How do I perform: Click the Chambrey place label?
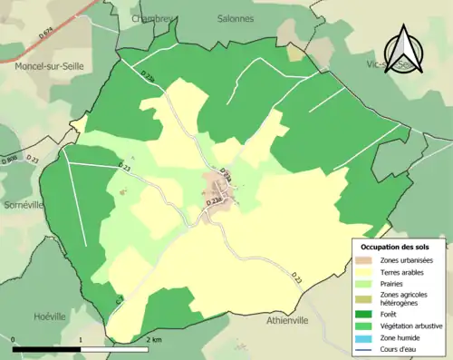click(x=151, y=17)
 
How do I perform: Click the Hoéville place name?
click(x=49, y=316)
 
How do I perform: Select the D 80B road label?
click(x=10, y=161)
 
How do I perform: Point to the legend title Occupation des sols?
click(x=395, y=247)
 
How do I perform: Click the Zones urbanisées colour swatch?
click(x=364, y=260)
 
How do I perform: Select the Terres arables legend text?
click(x=405, y=272)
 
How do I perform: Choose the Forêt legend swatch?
click(x=364, y=316)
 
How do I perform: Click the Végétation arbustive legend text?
click(x=415, y=327)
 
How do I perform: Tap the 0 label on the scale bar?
click(x=14, y=339)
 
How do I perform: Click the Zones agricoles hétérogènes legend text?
click(x=407, y=299)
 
